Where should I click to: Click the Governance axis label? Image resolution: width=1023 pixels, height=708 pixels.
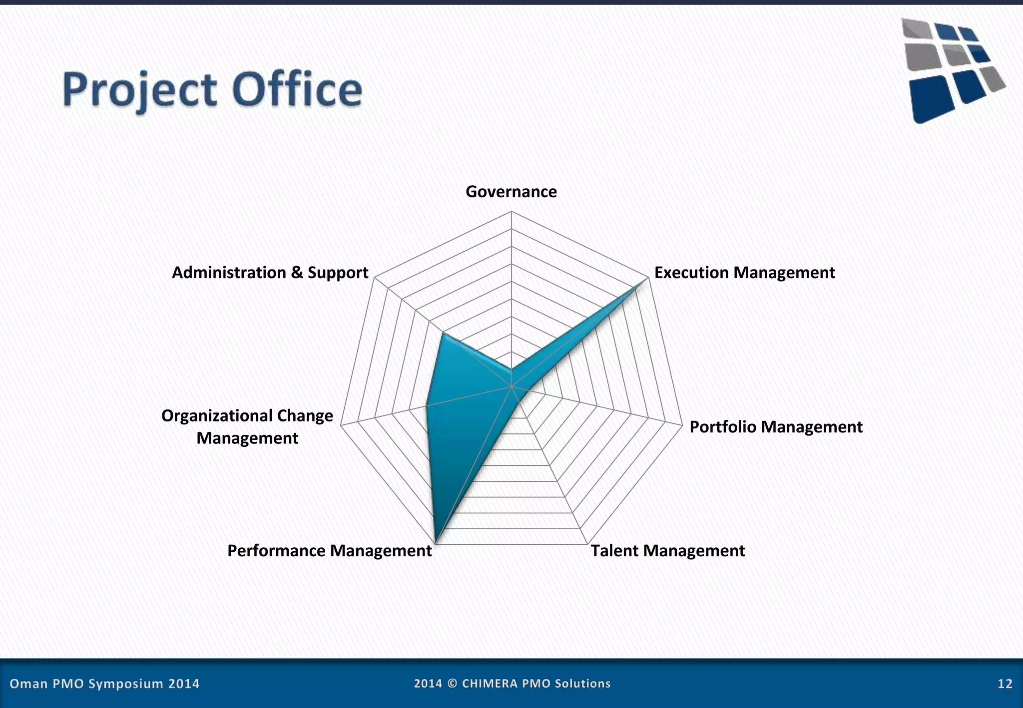(x=511, y=192)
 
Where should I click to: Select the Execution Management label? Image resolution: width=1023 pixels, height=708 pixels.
(x=744, y=273)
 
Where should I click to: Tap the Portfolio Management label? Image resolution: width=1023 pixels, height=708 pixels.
(x=776, y=427)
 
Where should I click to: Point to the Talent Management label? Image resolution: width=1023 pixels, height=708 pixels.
(x=667, y=551)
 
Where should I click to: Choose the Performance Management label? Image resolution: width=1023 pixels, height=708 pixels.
(x=329, y=551)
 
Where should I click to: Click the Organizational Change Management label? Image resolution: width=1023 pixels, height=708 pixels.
(x=247, y=427)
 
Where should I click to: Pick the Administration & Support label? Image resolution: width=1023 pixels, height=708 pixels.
(x=270, y=273)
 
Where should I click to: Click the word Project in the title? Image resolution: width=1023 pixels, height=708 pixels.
(x=140, y=90)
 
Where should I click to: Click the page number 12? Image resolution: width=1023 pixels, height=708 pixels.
(x=1005, y=684)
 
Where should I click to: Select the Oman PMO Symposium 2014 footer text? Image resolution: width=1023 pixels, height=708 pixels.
(x=104, y=684)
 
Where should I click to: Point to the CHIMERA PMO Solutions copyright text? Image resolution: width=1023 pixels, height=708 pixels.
(x=512, y=684)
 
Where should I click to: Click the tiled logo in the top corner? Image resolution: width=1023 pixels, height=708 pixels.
(x=952, y=70)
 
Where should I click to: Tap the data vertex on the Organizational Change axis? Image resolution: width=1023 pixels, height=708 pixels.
(x=426, y=405)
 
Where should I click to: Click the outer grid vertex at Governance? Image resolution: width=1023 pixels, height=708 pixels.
(x=511, y=212)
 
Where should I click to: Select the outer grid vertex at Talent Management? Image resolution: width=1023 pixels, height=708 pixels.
(x=587, y=544)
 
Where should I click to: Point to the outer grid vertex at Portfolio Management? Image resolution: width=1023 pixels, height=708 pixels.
(x=682, y=425)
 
